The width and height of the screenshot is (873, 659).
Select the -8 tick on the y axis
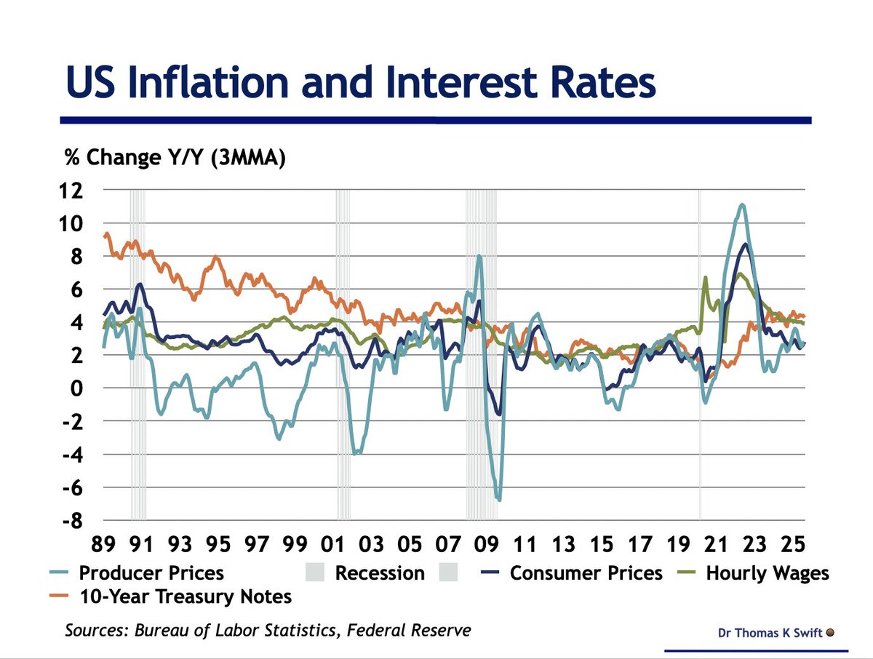(73, 522)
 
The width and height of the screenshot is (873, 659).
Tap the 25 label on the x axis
(793, 544)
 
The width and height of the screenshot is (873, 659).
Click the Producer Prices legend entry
(151, 572)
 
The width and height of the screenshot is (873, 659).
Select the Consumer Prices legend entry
(586, 572)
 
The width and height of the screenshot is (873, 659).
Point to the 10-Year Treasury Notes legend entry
(185, 596)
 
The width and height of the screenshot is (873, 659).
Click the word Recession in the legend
(379, 572)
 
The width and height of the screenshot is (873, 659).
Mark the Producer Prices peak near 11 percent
(741, 205)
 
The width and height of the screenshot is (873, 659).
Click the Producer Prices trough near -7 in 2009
(499, 500)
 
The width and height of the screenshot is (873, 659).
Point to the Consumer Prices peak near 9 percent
(744, 244)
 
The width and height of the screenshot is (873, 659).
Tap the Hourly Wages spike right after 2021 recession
(705, 277)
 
